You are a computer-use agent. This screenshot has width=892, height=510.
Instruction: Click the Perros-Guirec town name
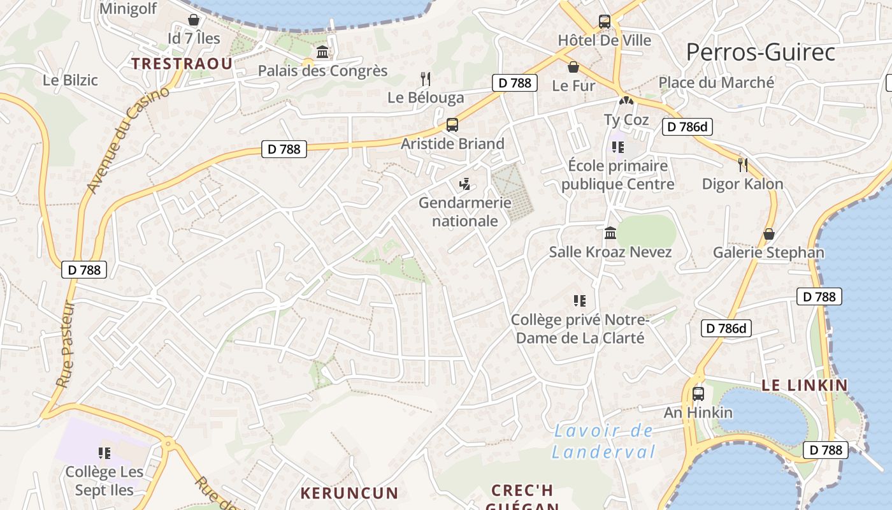[x=760, y=52]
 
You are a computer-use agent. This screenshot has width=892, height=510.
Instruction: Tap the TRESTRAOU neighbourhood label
[x=182, y=63]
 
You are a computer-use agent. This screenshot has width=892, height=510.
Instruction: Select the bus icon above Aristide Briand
[x=452, y=125]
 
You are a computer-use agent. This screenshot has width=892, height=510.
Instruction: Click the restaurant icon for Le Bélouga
[x=426, y=79]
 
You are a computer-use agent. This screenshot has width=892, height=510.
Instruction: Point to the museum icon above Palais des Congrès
[x=322, y=52]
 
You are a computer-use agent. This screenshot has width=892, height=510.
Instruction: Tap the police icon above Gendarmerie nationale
[x=465, y=184]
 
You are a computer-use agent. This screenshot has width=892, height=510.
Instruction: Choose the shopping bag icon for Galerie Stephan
[x=769, y=234]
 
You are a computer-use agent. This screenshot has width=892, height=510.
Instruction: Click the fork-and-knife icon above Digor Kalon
[x=742, y=165]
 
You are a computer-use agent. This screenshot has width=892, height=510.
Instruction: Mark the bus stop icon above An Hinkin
[x=698, y=394]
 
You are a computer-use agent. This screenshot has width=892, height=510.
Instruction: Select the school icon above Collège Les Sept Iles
[x=104, y=453]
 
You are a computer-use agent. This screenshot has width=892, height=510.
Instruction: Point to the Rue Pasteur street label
[x=66, y=344]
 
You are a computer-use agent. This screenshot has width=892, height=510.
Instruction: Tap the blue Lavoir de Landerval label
[x=603, y=441]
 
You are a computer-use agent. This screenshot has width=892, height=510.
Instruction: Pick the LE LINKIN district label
[x=805, y=385]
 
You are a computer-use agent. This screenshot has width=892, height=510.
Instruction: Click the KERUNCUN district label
[x=349, y=493]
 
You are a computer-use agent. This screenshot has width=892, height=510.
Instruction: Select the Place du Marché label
[x=716, y=82]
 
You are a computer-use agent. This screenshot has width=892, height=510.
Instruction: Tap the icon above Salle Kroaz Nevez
[x=610, y=233]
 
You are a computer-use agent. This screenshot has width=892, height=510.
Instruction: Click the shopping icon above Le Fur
[x=573, y=67]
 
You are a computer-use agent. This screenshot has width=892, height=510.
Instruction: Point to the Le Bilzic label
[x=70, y=80]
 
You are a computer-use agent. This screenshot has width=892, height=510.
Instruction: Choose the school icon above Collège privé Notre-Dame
[x=579, y=301]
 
